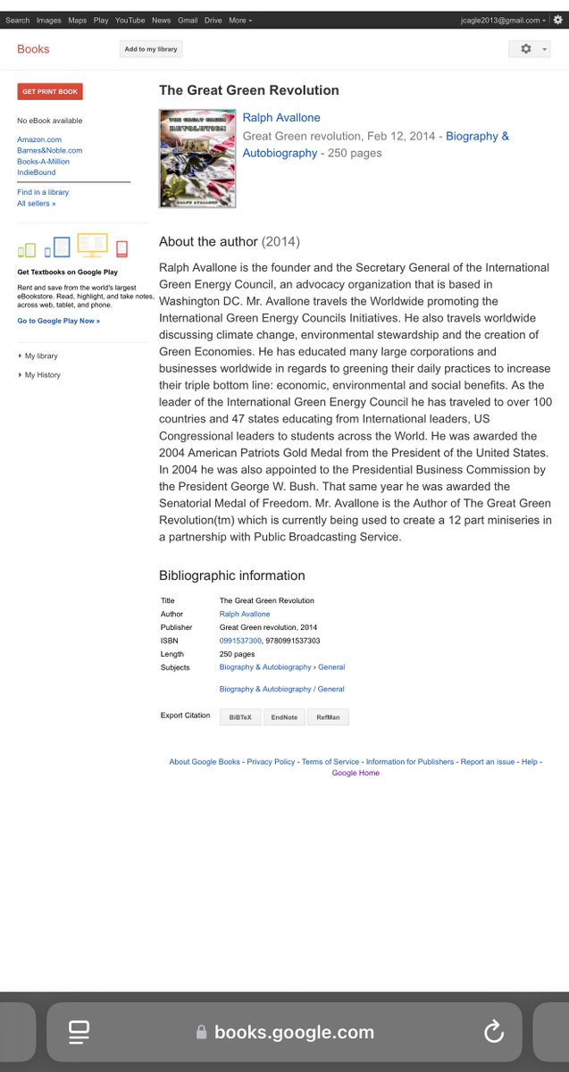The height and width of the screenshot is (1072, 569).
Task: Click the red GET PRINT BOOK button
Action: pos(50,91)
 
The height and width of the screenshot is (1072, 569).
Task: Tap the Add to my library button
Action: pos(151,49)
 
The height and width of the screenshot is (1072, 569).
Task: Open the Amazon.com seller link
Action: pos(39,139)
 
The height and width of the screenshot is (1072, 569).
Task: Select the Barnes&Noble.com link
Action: pos(49,150)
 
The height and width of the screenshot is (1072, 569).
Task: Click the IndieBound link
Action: pos(36,172)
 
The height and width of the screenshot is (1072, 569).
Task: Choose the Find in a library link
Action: pos(43,192)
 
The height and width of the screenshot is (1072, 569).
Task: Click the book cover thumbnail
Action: pos(197,159)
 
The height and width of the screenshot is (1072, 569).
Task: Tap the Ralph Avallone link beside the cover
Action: pos(281,118)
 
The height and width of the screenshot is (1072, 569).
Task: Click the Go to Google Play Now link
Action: pos(59,321)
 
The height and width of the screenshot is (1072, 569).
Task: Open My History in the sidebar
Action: pos(43,375)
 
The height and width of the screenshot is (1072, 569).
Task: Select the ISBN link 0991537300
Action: pos(240,641)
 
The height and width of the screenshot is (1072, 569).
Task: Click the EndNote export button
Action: pos(284,717)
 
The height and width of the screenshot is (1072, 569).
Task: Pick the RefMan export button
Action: pos(329,717)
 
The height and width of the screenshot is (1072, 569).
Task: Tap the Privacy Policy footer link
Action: pos(271,762)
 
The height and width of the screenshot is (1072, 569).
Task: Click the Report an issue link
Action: pos(488,762)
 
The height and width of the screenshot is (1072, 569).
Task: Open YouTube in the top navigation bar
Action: pos(130,20)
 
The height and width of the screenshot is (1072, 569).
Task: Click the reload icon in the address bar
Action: pos(494,1033)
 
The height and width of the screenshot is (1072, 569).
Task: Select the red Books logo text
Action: pos(33,49)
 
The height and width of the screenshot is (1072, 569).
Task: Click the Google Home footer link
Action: pos(356,773)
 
